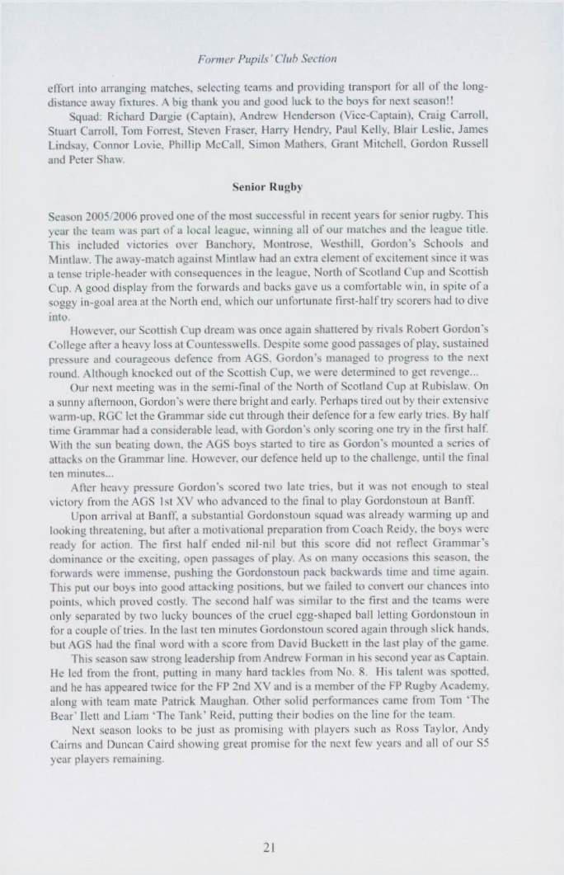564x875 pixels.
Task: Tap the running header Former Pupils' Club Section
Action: pos(281,59)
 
